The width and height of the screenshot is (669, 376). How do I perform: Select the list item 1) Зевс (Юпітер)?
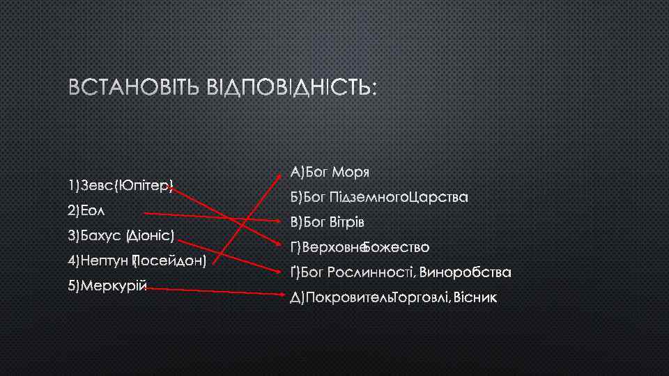click(120, 186)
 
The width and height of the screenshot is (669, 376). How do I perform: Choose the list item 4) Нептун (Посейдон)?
click(137, 261)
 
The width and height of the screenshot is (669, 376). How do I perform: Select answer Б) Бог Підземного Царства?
click(378, 197)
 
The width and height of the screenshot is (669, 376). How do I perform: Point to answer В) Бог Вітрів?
click(328, 223)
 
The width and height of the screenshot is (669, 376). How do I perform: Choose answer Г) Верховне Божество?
click(360, 247)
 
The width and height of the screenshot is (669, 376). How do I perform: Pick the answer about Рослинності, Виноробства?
click(401, 272)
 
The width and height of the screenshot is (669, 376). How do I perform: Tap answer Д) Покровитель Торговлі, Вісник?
click(394, 298)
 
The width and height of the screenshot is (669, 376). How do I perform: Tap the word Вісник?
click(476, 298)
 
